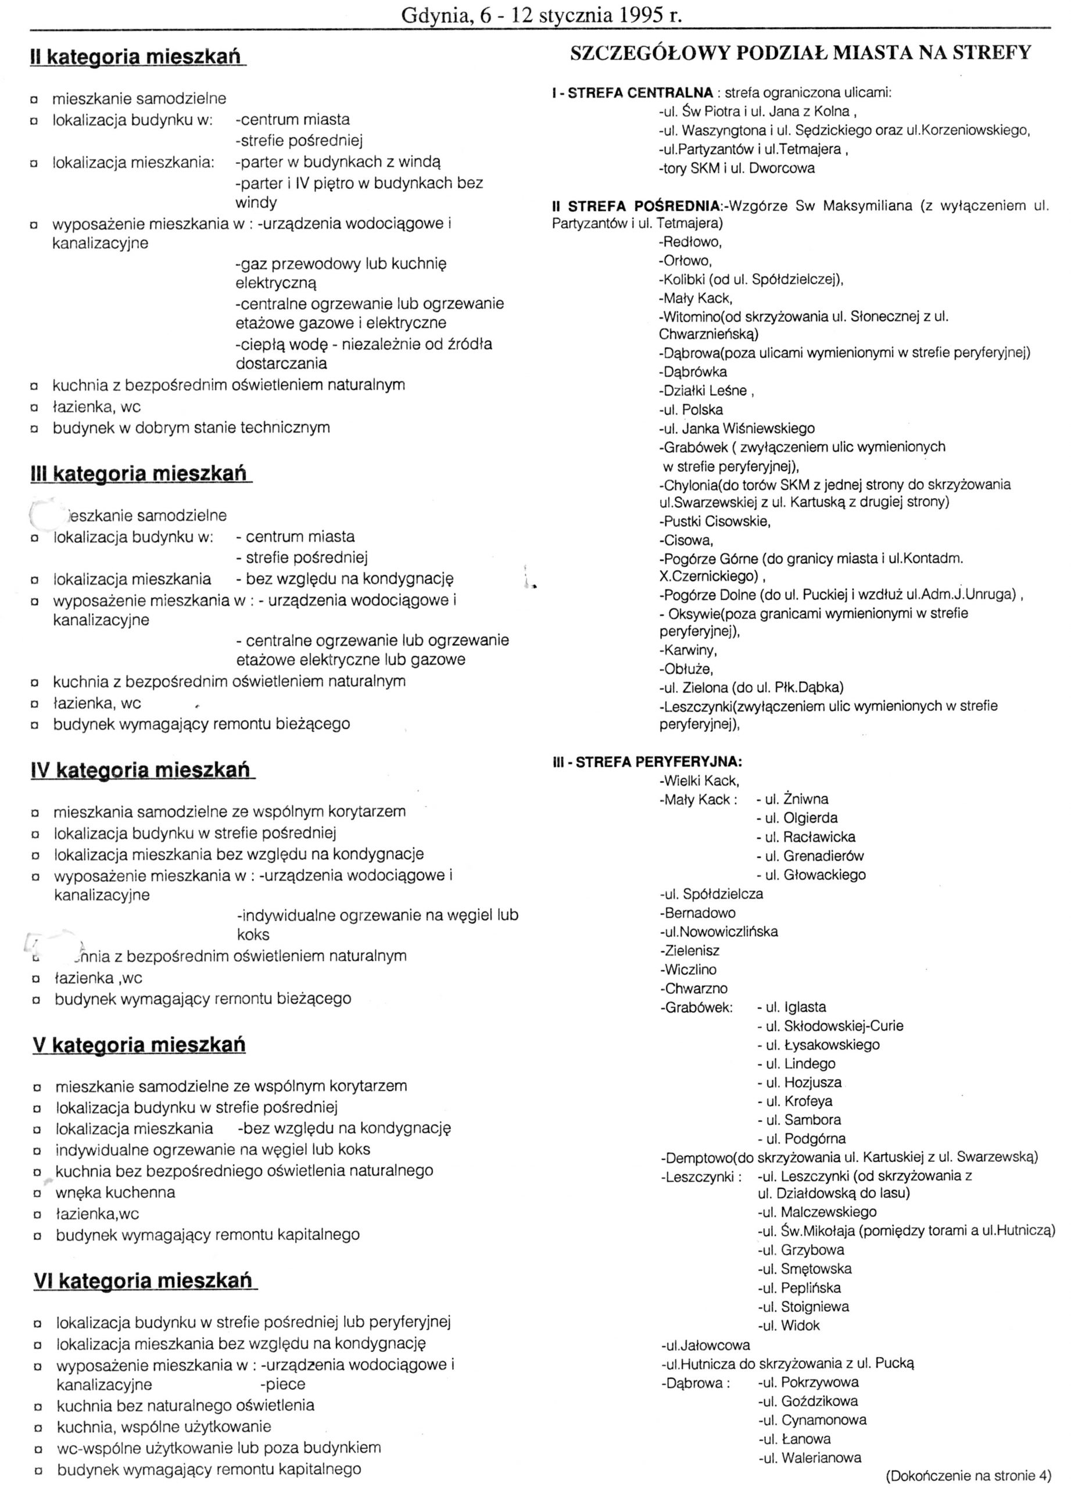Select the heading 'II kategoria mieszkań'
pyautogui.click(x=138, y=58)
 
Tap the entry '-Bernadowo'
pyautogui.click(x=698, y=913)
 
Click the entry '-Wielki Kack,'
pyautogui.click(x=700, y=781)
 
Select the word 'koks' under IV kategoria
pyautogui.click(x=253, y=934)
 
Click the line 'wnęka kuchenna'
pyautogui.click(x=116, y=1192)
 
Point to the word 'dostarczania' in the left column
pyautogui.click(x=281, y=363)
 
